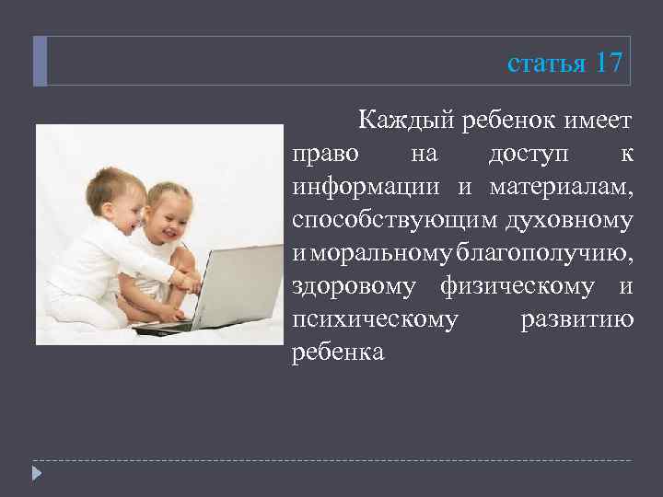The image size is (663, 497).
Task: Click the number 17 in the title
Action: tap(610, 63)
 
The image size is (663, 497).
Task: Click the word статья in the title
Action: tap(546, 64)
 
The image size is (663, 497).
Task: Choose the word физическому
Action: tap(517, 286)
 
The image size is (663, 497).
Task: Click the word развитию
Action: tap(576, 319)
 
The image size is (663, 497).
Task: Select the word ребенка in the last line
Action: tap(338, 353)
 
